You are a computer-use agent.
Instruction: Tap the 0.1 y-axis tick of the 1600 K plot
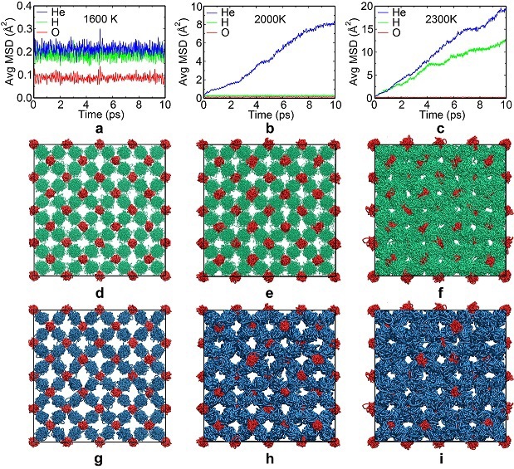(20, 76)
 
